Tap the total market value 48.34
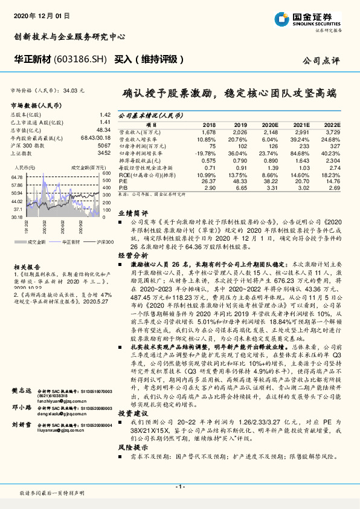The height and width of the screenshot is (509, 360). [103, 130]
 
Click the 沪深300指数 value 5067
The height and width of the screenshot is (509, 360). [104, 146]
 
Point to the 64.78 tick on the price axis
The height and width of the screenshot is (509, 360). [16, 177]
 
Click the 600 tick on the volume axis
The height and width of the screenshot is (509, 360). [106, 173]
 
